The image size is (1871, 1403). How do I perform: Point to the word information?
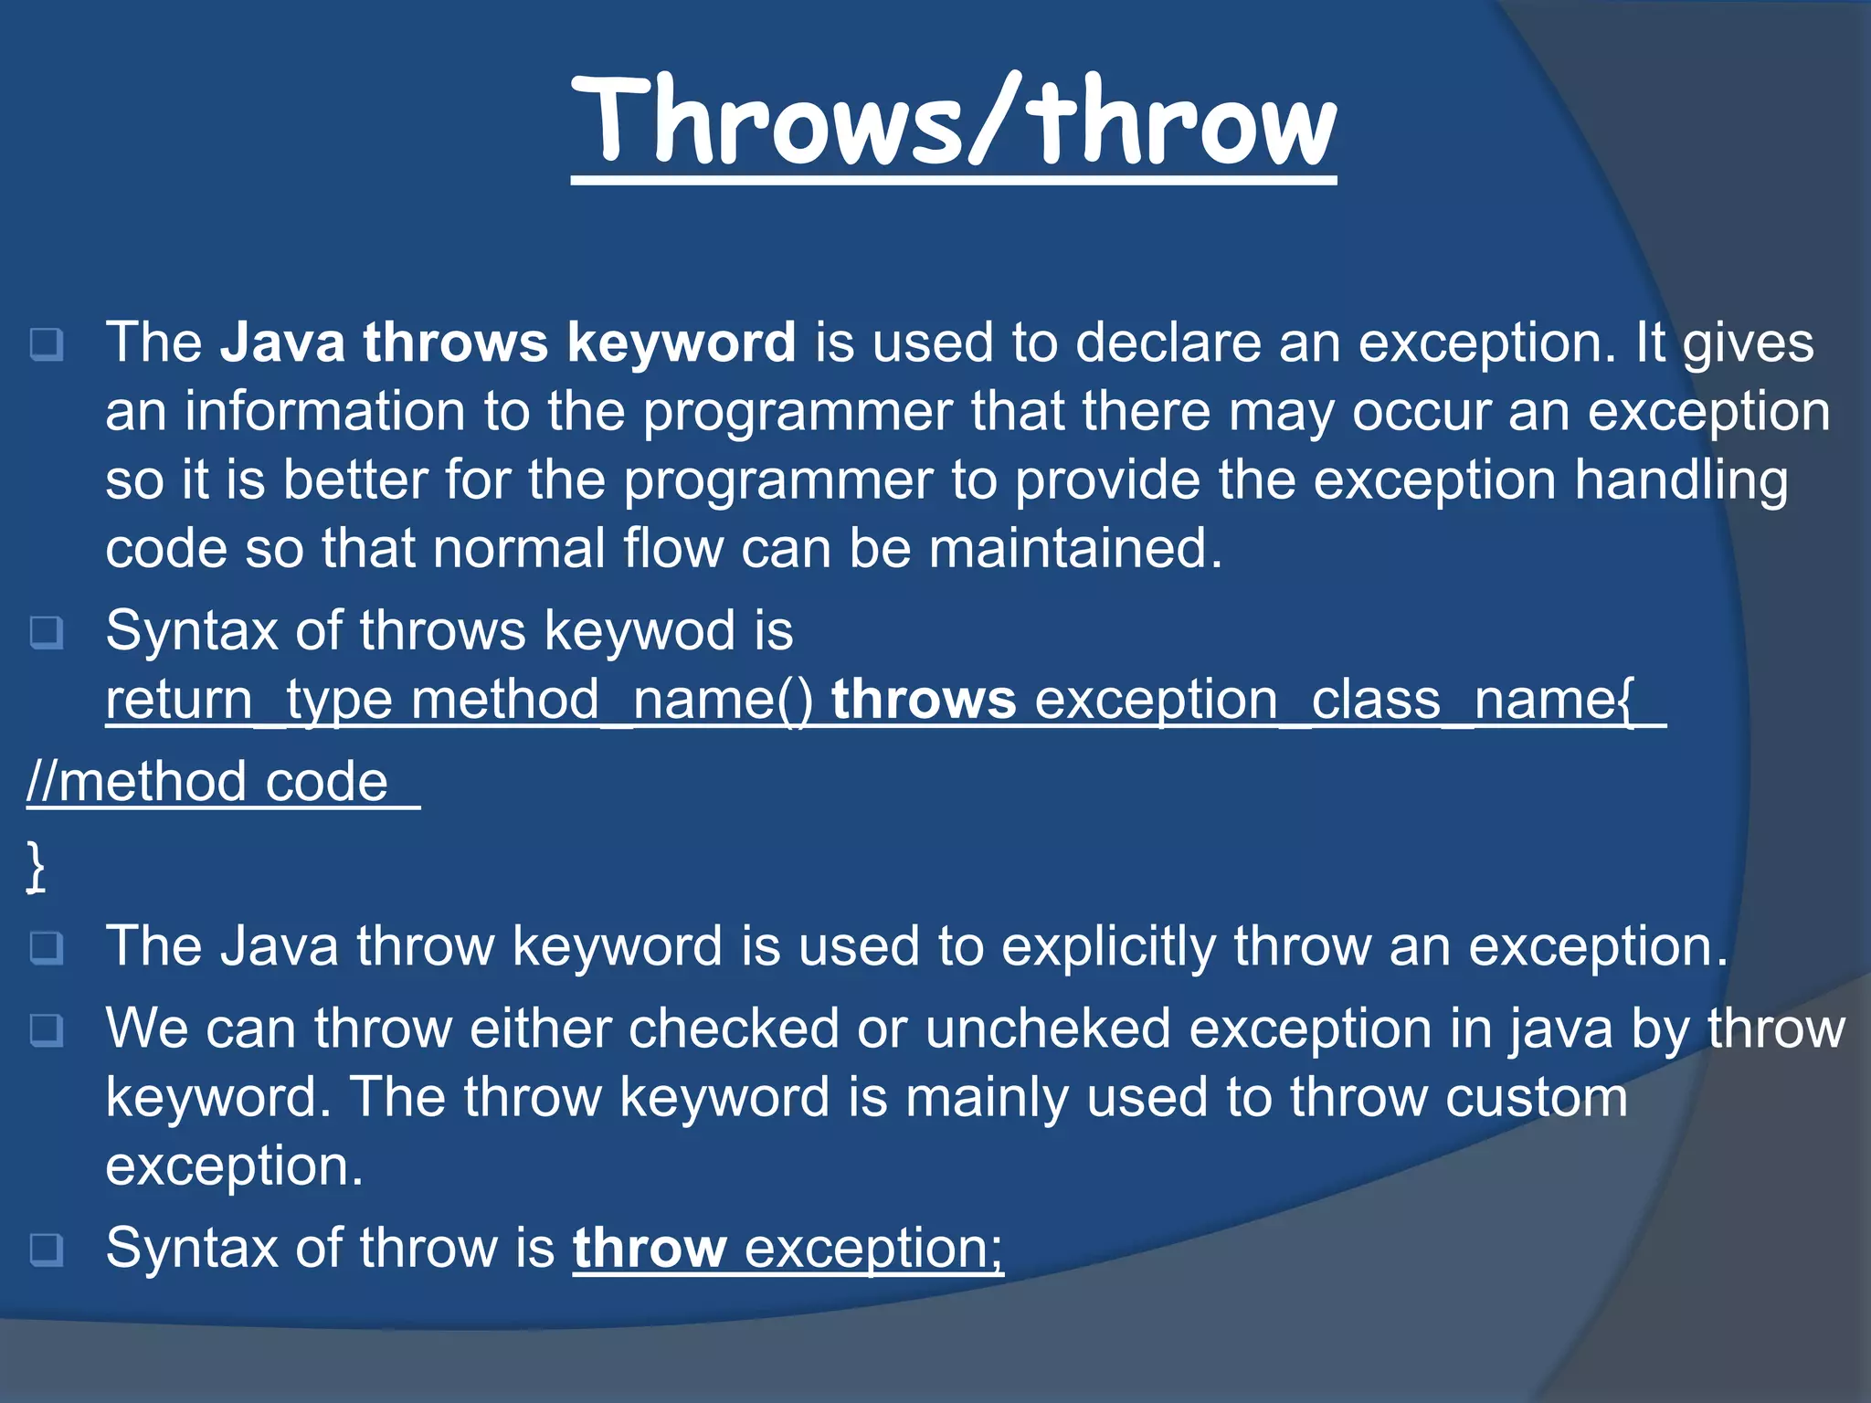point(325,412)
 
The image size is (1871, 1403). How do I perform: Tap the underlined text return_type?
point(248,701)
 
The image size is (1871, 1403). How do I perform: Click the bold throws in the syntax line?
point(923,701)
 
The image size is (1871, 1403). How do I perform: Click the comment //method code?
point(208,783)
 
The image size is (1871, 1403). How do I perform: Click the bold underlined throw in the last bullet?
point(649,1249)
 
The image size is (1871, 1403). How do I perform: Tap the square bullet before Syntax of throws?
point(47,632)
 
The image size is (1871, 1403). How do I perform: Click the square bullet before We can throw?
point(47,1030)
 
